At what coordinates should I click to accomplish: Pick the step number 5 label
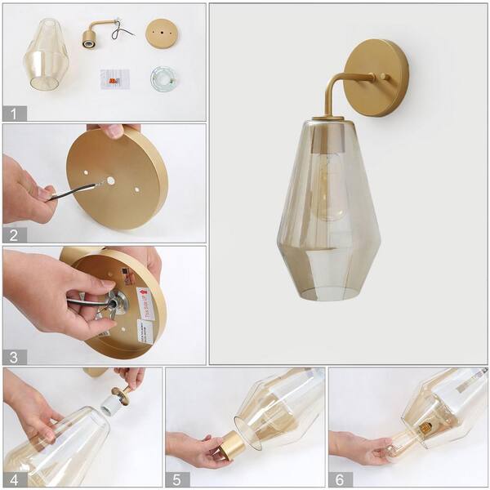coord(178,479)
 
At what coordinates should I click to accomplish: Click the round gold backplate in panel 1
coord(162,33)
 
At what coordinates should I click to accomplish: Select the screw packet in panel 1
coord(114,79)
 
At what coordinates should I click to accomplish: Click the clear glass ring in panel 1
coord(163,79)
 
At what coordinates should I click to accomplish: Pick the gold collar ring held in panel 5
coord(231,445)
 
